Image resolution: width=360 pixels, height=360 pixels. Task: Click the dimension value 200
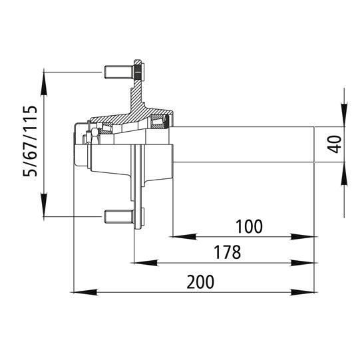tap(200, 281)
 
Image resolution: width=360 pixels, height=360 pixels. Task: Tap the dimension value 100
tap(249, 226)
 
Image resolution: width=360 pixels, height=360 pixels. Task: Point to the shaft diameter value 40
tap(335, 144)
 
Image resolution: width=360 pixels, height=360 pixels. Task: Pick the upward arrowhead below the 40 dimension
tap(344, 170)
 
